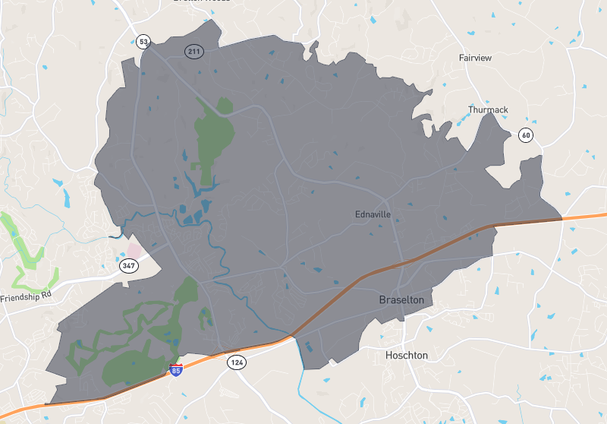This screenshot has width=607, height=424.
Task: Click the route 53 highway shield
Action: click(x=143, y=41)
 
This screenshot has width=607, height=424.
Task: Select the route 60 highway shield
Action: click(x=525, y=135)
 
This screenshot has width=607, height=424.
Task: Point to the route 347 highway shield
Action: click(x=127, y=265)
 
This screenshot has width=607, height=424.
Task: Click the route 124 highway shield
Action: click(x=237, y=362)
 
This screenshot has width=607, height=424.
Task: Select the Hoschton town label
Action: click(x=407, y=355)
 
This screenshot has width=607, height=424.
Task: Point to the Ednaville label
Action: click(x=373, y=214)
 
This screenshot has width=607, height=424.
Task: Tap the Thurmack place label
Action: click(x=488, y=110)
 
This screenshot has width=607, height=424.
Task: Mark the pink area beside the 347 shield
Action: click(x=134, y=249)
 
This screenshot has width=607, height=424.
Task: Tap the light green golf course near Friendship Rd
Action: click(x=30, y=243)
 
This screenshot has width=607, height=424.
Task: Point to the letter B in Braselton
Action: click(x=383, y=301)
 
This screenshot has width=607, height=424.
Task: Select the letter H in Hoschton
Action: click(x=389, y=355)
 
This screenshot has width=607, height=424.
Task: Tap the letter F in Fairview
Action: click(x=462, y=58)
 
